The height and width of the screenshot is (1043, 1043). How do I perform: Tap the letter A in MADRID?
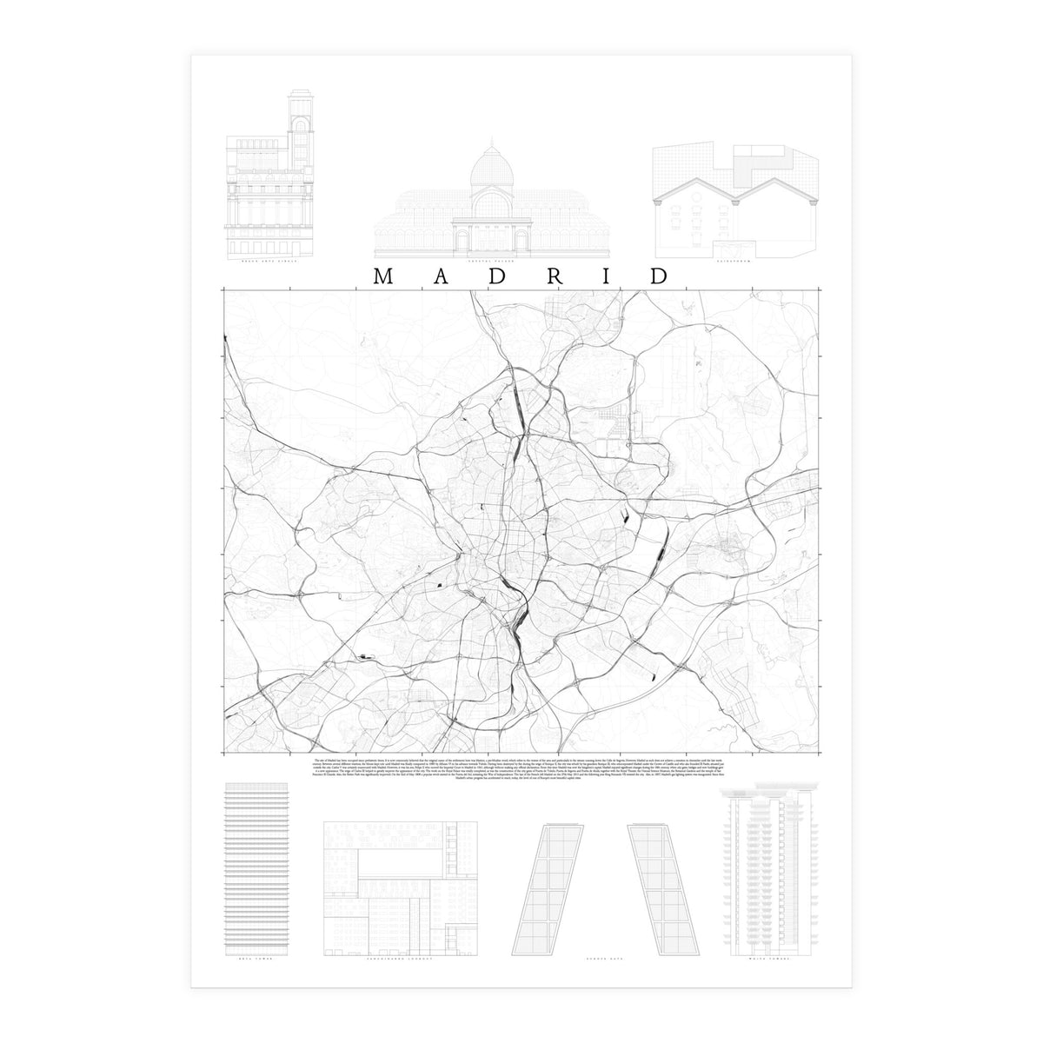pos(440,276)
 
